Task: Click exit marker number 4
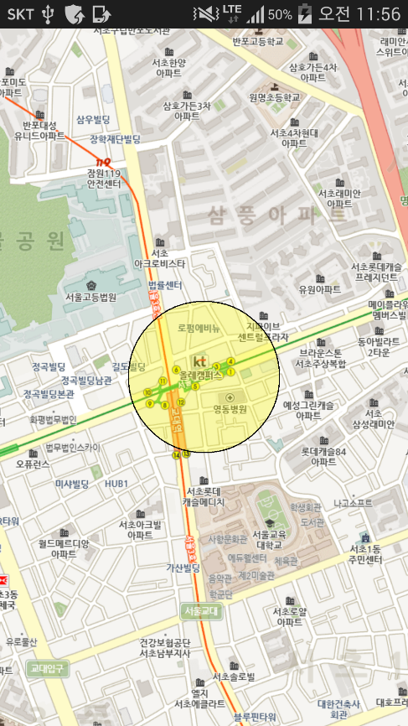click(x=230, y=362)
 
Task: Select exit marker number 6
click(x=175, y=370)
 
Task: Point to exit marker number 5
click(x=195, y=386)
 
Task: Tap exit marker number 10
click(x=147, y=392)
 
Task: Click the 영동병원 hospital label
click(x=231, y=409)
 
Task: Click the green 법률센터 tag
click(x=164, y=285)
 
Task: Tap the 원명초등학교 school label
click(x=274, y=97)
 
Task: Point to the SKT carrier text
click(x=20, y=13)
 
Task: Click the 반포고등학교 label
click(x=257, y=40)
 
